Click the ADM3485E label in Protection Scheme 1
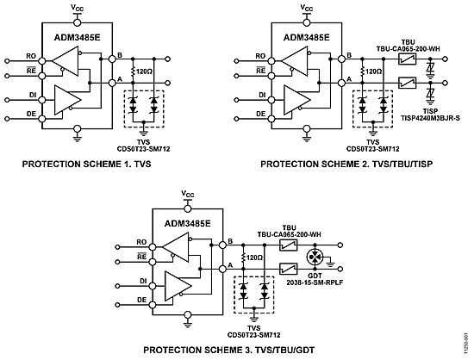coord(78,38)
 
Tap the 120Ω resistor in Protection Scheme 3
coord(243,258)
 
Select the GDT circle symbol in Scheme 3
coord(315,257)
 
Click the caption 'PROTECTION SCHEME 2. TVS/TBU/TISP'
coord(346,164)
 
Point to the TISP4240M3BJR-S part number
coord(430,118)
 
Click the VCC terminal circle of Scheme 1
coord(78,22)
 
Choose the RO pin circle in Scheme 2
coord(271,61)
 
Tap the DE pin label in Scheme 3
coord(142,300)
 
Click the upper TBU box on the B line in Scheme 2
coord(407,59)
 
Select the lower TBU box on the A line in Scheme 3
coord(289,269)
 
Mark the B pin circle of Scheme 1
coord(112,59)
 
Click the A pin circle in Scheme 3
coord(222,269)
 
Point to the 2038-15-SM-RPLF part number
coord(315,282)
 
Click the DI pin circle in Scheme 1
coord(42,100)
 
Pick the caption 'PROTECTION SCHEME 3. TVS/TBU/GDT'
coord(229,350)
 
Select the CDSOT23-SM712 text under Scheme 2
coord(372,149)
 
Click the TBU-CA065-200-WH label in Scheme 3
coord(290,234)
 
